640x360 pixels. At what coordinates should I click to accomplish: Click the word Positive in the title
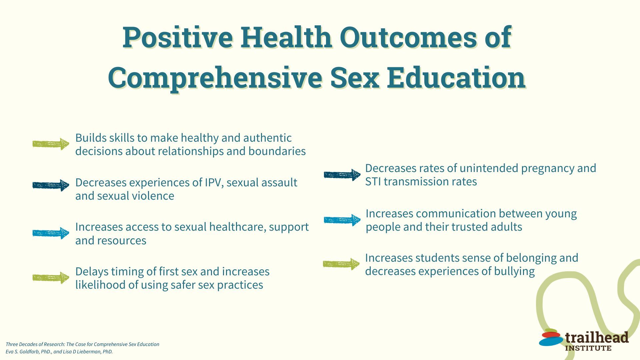click(178, 37)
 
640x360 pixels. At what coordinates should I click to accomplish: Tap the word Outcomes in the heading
click(408, 37)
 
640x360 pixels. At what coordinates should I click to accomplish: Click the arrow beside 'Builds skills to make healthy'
click(51, 144)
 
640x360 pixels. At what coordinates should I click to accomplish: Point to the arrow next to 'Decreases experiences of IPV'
click(51, 185)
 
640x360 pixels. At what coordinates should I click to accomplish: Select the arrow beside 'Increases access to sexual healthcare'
click(51, 233)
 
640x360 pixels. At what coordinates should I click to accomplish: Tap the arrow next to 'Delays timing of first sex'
click(51, 278)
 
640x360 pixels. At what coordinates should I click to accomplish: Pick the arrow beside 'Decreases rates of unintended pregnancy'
click(342, 175)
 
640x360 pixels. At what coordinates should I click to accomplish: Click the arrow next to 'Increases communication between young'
click(342, 220)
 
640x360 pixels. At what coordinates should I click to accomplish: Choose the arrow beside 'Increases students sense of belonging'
click(341, 264)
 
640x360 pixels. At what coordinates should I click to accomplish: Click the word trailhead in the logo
click(597, 338)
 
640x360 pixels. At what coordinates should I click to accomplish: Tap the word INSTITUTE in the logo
click(588, 348)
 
